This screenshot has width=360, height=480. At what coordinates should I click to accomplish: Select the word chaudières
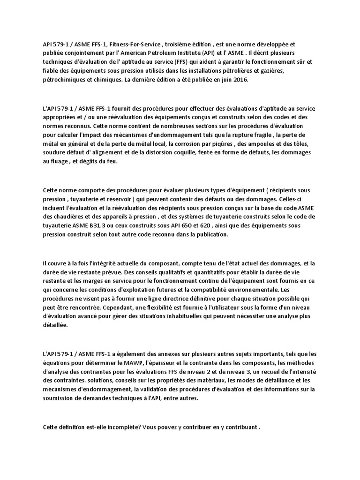[x=74, y=217]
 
